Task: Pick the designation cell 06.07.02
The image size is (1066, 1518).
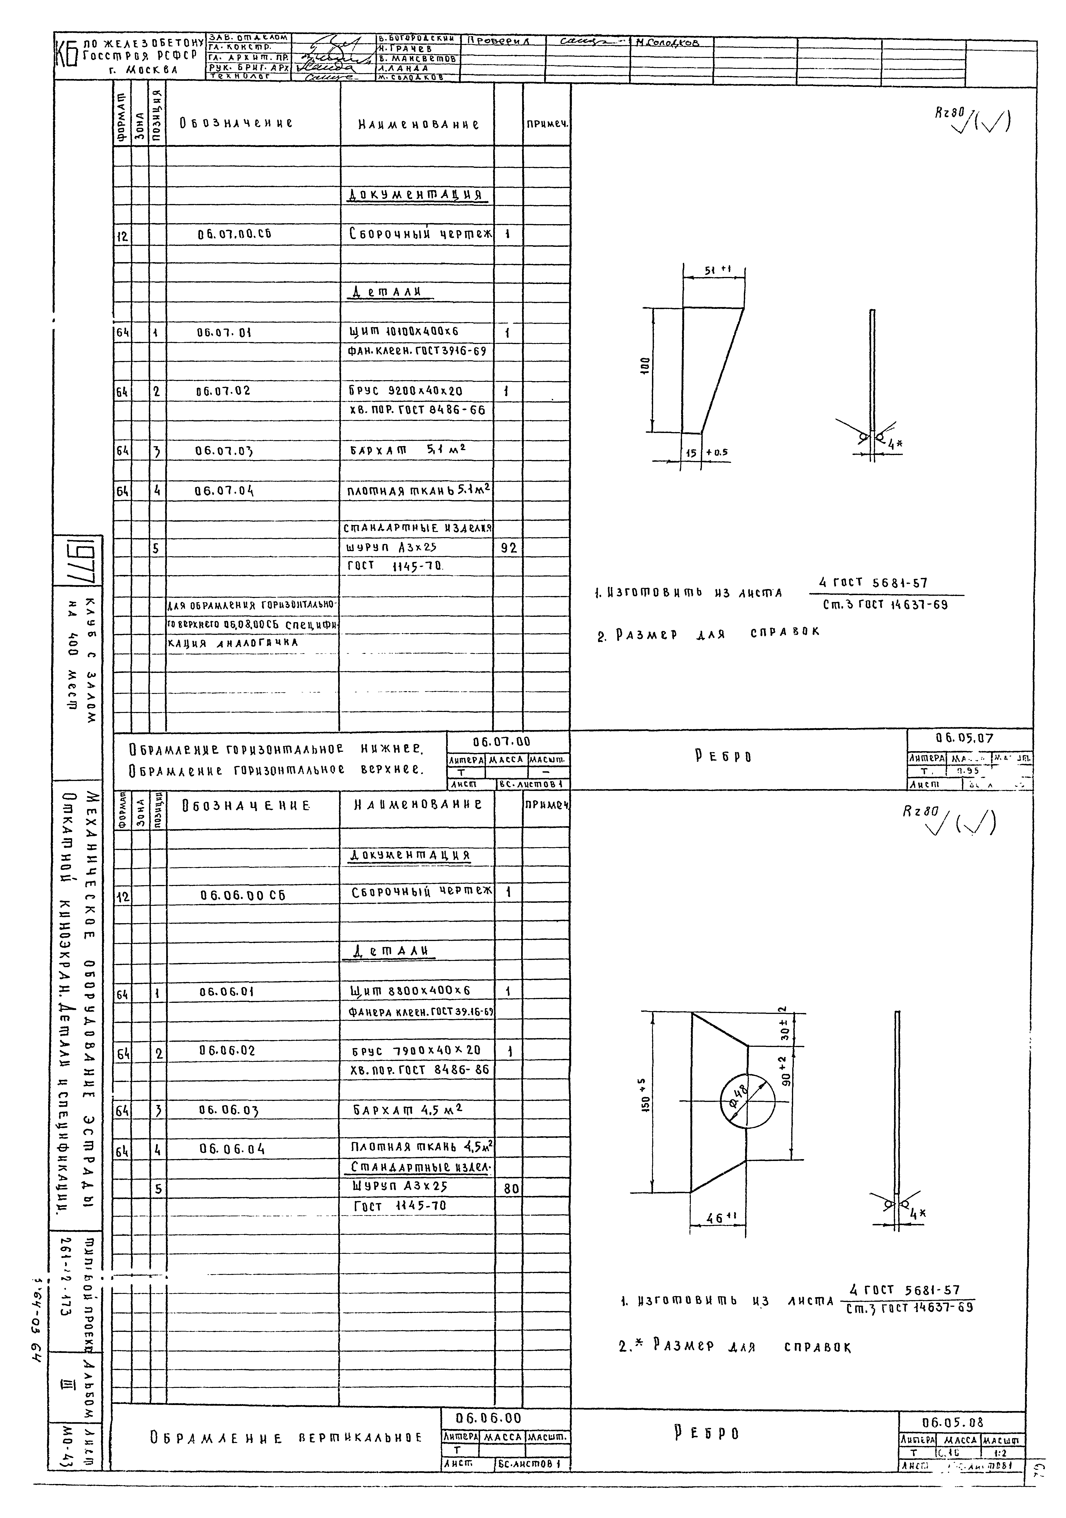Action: [223, 391]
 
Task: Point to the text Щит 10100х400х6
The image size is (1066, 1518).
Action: [403, 331]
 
